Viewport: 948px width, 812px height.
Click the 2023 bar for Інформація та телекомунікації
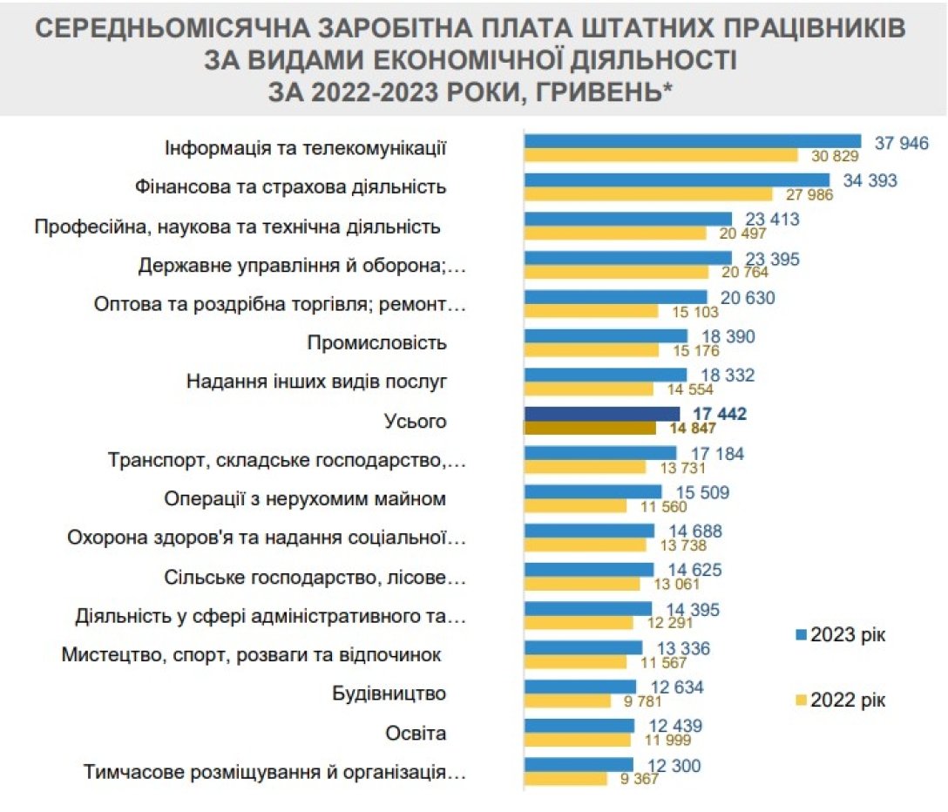(692, 142)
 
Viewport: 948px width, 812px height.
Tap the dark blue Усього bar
(601, 414)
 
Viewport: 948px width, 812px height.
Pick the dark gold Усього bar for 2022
(589, 428)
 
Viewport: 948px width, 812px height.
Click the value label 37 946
(902, 143)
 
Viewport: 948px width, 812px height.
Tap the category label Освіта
(416, 734)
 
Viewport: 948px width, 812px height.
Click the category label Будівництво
(389, 694)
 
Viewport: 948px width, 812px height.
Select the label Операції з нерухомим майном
(305, 499)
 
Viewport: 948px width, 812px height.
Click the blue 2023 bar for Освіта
(579, 726)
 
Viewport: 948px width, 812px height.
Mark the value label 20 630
(747, 298)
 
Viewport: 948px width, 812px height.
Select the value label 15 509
(701, 492)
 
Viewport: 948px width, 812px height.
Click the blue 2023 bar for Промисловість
(606, 336)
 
